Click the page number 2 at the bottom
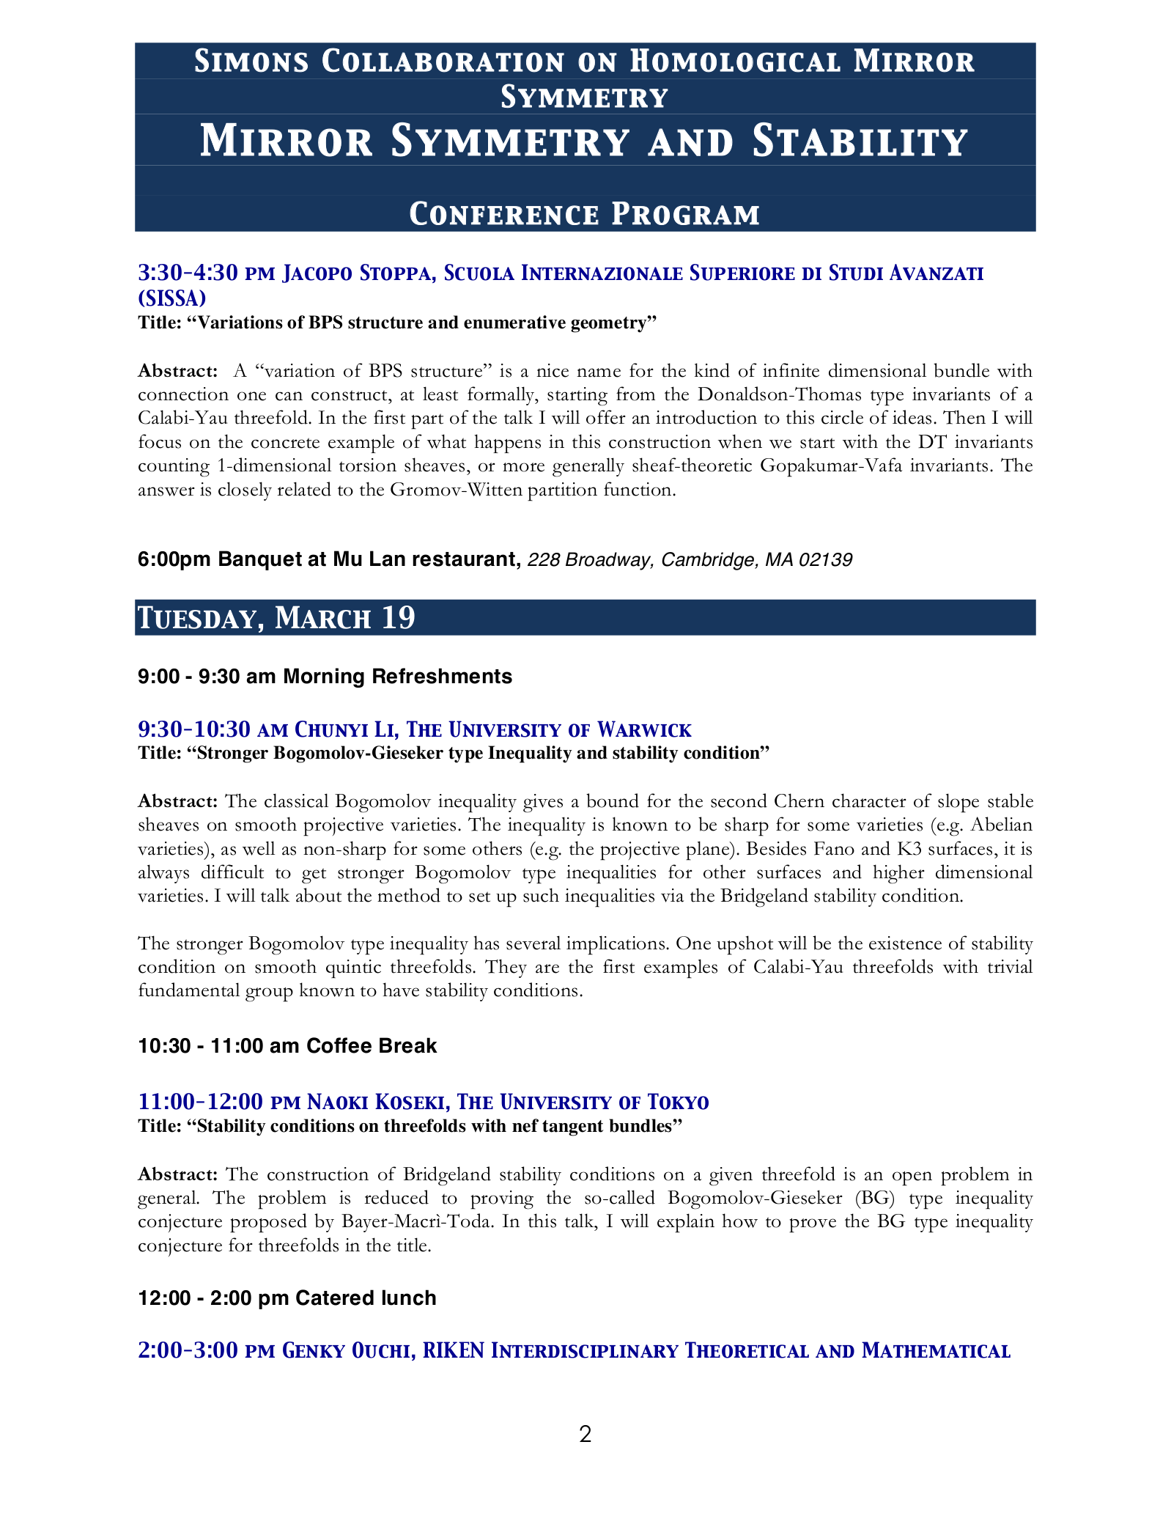585,1434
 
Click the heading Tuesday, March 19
277,618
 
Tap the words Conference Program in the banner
584,214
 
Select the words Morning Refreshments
397,676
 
